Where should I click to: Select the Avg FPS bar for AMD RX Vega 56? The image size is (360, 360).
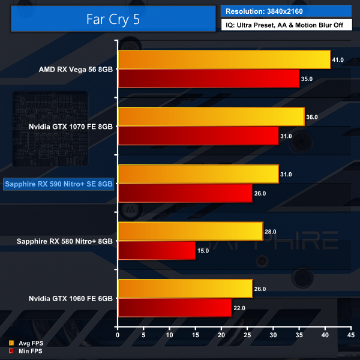pos(224,59)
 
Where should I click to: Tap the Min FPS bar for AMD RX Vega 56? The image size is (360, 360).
pos(209,79)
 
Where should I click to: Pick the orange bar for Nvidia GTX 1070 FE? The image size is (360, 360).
pos(211,117)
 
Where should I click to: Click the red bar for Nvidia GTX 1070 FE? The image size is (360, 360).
pos(198,136)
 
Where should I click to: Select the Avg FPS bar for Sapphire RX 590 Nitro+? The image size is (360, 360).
pos(198,174)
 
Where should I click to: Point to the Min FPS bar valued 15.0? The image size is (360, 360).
pos(157,250)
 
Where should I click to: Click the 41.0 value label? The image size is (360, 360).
pos(338,60)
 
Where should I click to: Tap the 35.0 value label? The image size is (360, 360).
pos(307,79)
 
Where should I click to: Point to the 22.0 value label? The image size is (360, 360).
pos(239,308)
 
